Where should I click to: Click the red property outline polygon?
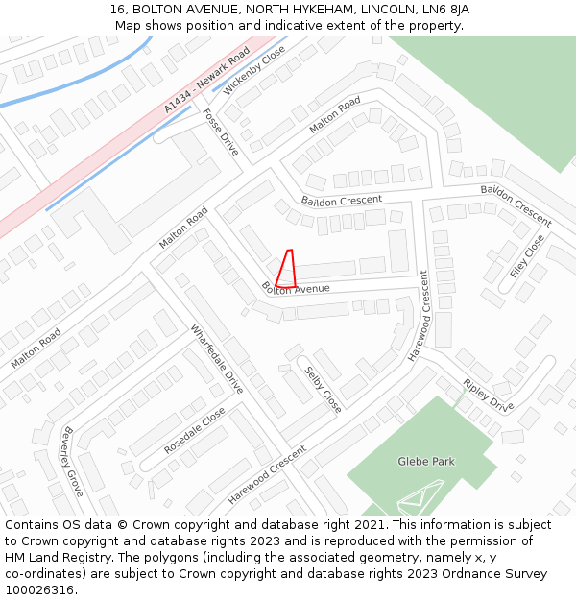(x=285, y=270)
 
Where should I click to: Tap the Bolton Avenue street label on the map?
(x=296, y=288)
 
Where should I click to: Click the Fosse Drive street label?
(x=220, y=132)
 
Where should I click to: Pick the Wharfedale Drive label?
(x=216, y=358)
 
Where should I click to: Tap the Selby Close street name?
(x=323, y=390)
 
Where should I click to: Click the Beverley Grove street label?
(x=73, y=461)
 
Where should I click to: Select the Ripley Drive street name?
(x=489, y=395)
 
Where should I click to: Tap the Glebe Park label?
(x=426, y=462)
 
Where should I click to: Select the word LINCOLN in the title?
(x=386, y=9)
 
